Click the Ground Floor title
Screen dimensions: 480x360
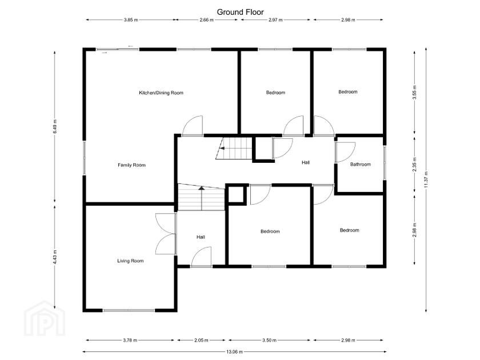[x=240, y=12]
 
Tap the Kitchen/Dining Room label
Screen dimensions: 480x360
[x=161, y=93]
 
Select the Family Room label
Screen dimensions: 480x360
[x=131, y=165]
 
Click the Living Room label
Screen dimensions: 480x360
[x=130, y=261]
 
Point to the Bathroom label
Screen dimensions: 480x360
[x=361, y=165]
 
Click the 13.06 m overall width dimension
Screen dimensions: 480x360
[x=234, y=352]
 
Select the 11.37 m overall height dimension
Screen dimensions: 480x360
[x=426, y=180]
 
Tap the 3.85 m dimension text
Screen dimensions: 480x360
[x=131, y=20]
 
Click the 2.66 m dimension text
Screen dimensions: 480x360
[x=206, y=20]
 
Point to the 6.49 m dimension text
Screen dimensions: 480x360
[x=55, y=126]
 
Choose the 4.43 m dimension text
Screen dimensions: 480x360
[x=55, y=257]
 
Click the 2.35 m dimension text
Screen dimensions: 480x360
[x=414, y=165]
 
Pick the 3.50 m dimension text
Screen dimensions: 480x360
[x=269, y=340]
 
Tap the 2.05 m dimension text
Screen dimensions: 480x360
[x=201, y=340]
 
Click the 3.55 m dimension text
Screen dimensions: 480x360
[x=414, y=92]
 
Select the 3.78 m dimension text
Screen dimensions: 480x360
[x=130, y=340]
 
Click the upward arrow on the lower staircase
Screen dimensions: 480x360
[x=201, y=198]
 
